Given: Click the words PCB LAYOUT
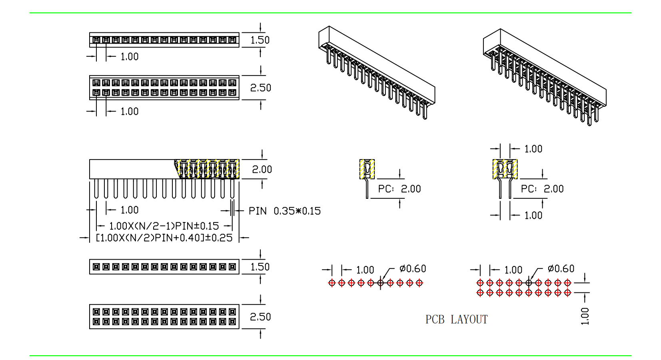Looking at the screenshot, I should pos(456,319).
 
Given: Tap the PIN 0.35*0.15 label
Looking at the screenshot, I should pos(284,211).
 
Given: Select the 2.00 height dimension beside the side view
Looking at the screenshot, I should pos(262,169).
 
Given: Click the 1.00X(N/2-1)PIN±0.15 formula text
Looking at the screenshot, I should pos(164,226).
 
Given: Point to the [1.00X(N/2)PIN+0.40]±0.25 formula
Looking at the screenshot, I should pos(164,238).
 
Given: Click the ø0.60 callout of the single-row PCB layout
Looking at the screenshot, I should pos(413,269).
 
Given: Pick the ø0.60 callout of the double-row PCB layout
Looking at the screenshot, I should pos(561,269).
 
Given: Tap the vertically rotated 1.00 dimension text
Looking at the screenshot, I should pos(585,316).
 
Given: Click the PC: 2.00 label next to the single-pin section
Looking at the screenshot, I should pos(399,189).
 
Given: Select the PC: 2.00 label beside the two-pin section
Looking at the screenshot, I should pos(542,189).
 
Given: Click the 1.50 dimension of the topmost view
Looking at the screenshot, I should pos(260,40).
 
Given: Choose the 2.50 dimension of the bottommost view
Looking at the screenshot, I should pos(260,317).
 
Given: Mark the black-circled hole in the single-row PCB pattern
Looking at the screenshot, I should pos(380,283).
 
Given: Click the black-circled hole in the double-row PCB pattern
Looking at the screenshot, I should pos(529,283).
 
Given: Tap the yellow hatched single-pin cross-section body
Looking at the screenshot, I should pos(367,169).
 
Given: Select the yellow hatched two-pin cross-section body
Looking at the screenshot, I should pos(505,169).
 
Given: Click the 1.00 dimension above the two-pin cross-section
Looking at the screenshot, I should pos(533,149).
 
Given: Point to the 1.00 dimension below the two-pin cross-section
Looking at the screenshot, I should pos(533,216).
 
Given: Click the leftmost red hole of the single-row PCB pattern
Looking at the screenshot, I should pos(331,283).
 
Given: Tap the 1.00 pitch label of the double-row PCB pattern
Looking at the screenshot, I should pos(513,270).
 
